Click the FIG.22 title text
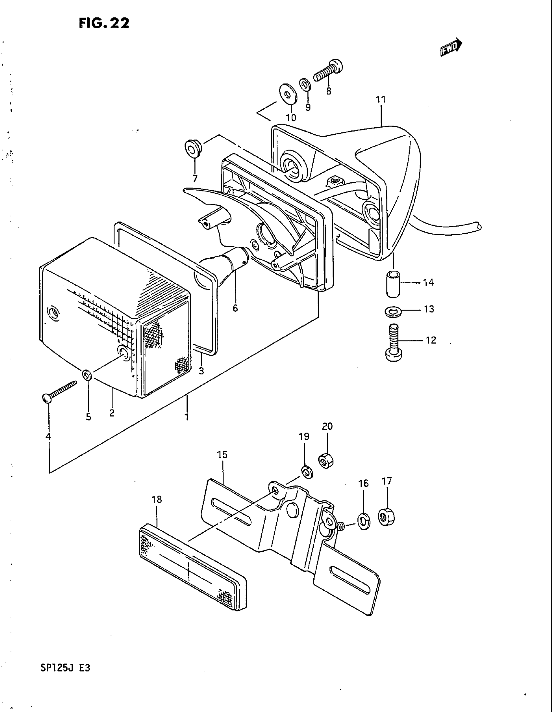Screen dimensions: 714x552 coord(104,23)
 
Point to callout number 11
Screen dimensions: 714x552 coord(381,99)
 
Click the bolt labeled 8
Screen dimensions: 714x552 coord(328,71)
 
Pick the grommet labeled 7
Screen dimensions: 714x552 coord(194,149)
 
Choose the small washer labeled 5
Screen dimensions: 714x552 coord(87,374)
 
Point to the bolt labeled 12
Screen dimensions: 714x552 coord(394,342)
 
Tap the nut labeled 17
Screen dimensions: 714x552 coord(386,517)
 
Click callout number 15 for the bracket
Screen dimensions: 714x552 coord(222,455)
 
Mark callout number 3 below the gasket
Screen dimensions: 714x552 coord(201,371)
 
